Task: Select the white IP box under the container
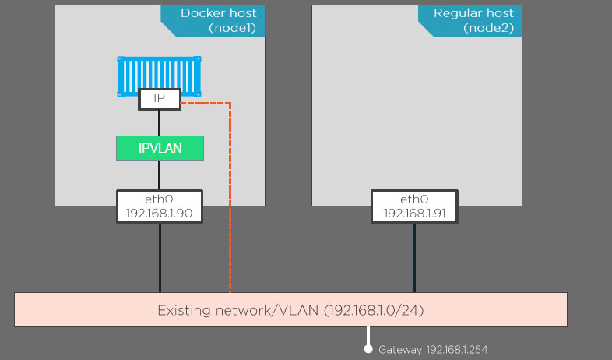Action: (159, 99)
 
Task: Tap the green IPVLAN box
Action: (160, 148)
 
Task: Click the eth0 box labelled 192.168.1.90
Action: (160, 206)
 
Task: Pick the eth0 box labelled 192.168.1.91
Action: (414, 206)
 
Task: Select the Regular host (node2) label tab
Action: (473, 20)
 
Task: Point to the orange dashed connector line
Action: (230, 195)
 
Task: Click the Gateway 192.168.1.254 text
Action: (433, 350)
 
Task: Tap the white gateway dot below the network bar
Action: (369, 349)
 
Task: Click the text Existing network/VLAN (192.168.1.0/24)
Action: (290, 310)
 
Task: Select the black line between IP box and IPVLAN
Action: (159, 122)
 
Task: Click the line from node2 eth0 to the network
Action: (414, 259)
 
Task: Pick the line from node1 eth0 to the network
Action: (160, 259)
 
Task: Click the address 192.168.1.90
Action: (160, 214)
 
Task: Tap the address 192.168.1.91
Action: (414, 214)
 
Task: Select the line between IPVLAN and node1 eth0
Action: (159, 175)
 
